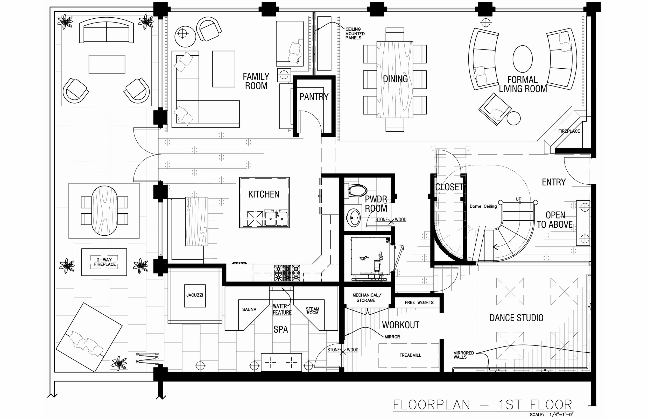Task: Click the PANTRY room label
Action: coord(314,97)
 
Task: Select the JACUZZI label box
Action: coord(195,295)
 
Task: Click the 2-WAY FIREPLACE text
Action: coord(105,262)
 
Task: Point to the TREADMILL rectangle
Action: coord(409,355)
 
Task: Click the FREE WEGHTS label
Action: coord(419,302)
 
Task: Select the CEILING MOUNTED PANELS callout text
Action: coord(355,33)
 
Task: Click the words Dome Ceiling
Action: coord(483,206)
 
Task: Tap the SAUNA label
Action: coord(249,309)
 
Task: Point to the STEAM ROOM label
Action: coord(312,311)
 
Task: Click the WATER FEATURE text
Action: coord(282,310)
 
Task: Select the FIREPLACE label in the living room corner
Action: coord(569,131)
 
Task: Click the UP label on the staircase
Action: coord(518,199)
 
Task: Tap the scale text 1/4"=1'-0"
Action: coord(561,415)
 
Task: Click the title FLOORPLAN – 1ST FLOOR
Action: coord(482,405)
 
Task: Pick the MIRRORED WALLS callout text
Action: coord(463,355)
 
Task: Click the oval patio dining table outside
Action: coord(104,211)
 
